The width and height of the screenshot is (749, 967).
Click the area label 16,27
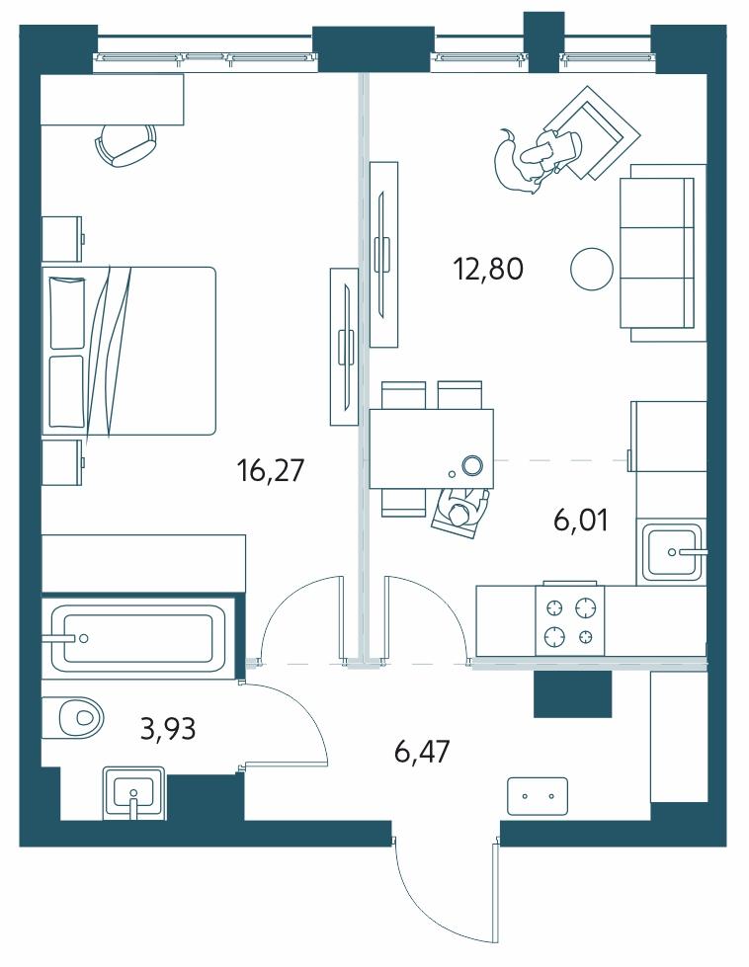[270, 471]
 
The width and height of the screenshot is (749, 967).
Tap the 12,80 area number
[488, 270]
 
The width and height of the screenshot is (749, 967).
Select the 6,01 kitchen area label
[581, 521]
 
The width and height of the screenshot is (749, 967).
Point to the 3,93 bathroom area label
[168, 728]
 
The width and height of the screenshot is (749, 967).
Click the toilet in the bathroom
[73, 717]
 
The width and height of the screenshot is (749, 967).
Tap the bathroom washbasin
[133, 792]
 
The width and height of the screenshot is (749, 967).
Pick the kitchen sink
[673, 552]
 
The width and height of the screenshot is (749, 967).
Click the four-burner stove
[570, 619]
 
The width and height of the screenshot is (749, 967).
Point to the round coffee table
[592, 269]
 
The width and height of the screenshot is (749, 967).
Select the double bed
[128, 351]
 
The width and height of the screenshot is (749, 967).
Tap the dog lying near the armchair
[515, 163]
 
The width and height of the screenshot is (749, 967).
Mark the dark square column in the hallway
[572, 693]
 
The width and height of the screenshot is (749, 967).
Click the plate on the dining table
[472, 465]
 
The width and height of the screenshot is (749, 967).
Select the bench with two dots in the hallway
[538, 796]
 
